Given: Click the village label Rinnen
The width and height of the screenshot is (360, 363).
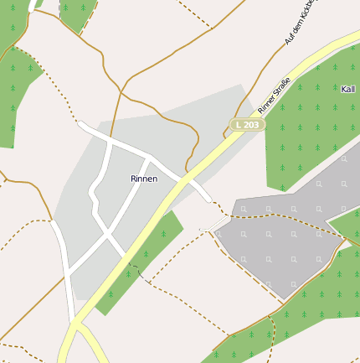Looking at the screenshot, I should tap(144, 179).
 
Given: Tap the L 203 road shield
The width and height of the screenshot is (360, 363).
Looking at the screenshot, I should tap(248, 125).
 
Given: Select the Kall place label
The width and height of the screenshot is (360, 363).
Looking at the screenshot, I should tap(349, 89).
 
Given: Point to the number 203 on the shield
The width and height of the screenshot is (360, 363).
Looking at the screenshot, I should tap(252, 125).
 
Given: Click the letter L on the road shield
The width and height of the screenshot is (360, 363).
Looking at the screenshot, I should tap(239, 125).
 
